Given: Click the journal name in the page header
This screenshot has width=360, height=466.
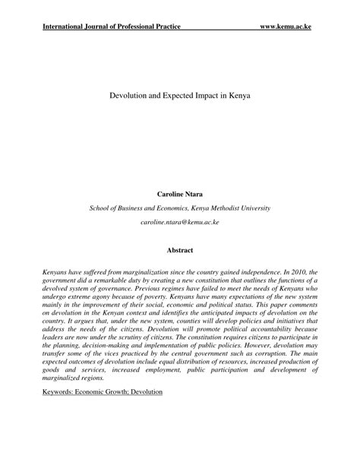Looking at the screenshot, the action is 112,27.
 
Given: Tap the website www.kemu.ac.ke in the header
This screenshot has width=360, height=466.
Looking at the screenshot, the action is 285,27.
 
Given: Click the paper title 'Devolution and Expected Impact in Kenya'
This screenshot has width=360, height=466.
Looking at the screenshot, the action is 179,98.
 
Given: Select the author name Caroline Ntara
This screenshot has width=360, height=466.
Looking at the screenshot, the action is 179,195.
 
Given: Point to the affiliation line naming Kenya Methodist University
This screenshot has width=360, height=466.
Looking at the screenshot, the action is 179,208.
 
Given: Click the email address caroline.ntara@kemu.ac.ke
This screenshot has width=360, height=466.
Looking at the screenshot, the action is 179,221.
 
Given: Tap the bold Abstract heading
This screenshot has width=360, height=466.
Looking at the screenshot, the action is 179,249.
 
